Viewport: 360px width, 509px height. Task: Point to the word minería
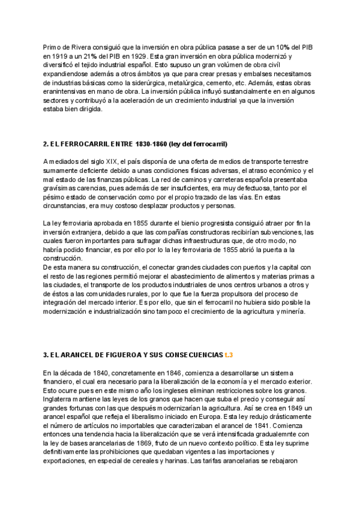pyautogui.click(x=293, y=312)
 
